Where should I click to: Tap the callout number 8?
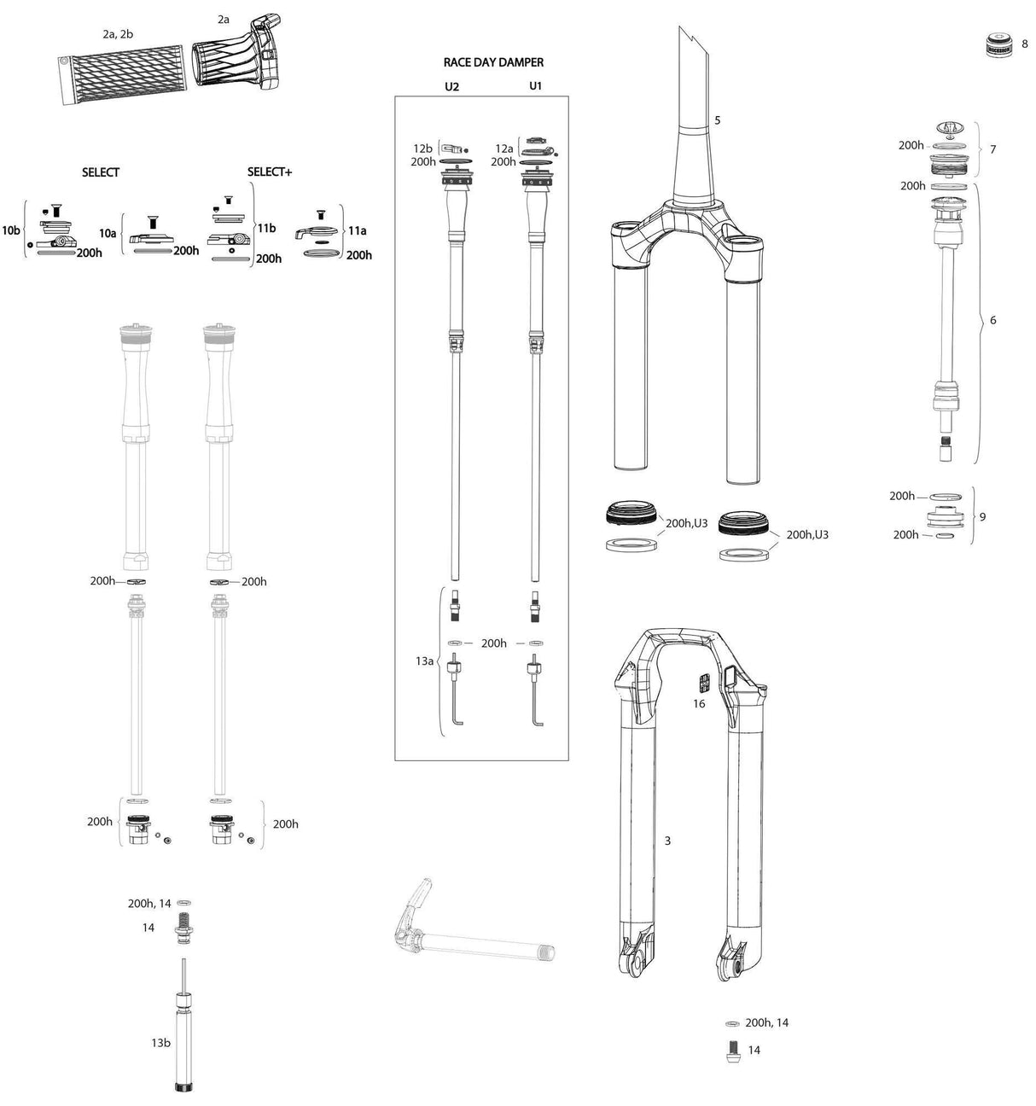[x=1024, y=44]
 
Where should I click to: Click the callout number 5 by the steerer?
[x=717, y=120]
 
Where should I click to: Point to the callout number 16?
[x=699, y=704]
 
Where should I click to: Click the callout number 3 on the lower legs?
[x=667, y=841]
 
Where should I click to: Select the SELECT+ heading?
[x=270, y=172]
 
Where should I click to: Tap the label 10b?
[x=10, y=230]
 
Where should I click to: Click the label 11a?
[x=358, y=230]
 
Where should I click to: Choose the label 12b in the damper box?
[x=423, y=148]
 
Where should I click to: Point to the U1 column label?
[x=535, y=86]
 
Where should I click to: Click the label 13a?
[x=425, y=661]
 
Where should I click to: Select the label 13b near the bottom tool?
[x=161, y=1043]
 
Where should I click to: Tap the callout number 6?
[x=992, y=320]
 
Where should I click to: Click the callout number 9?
[x=982, y=516]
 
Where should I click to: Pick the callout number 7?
[x=992, y=149]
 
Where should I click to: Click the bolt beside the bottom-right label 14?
[x=731, y=1050]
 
